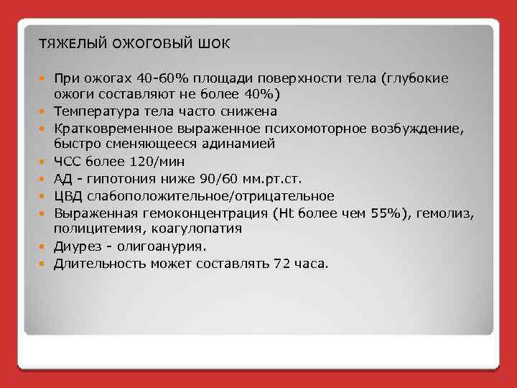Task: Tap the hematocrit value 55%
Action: [386, 213]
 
